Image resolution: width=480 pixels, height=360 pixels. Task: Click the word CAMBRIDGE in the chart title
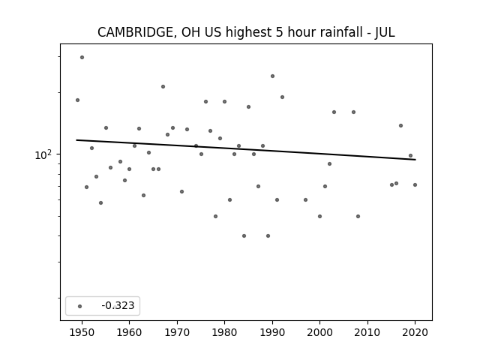(136, 32)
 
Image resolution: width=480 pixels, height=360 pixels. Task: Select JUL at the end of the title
(385, 32)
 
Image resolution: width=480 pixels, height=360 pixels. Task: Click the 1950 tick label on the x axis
(82, 333)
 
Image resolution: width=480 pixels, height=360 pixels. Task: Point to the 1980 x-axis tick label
(224, 333)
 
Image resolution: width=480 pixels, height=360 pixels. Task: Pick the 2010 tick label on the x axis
(367, 333)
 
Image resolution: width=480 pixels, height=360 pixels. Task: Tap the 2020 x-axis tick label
(415, 333)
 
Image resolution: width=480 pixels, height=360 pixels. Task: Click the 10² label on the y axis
(43, 155)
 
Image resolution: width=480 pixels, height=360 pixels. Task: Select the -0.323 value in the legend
(118, 305)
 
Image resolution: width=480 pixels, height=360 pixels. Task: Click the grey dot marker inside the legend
(80, 306)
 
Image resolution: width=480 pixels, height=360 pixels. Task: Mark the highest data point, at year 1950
(82, 57)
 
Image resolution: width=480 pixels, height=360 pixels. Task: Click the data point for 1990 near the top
(272, 76)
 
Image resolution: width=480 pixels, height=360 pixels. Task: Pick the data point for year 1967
(163, 87)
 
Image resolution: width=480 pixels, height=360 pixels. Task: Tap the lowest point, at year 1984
(244, 235)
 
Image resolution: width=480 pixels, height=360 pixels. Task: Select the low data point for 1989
(268, 235)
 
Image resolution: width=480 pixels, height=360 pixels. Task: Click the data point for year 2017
(400, 125)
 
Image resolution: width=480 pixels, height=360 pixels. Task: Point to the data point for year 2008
(358, 217)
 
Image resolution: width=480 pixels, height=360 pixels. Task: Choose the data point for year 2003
(334, 112)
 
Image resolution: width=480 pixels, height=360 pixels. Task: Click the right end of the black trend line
(415, 160)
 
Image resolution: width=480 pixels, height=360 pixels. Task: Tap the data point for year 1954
(101, 203)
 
